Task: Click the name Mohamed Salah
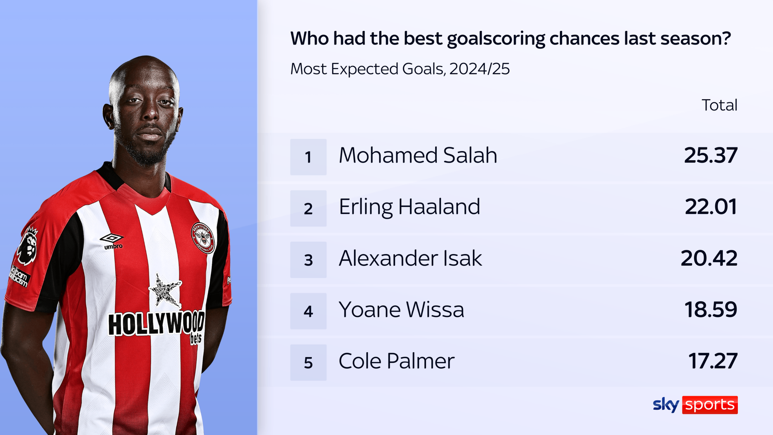click(x=418, y=155)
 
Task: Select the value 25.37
click(x=710, y=155)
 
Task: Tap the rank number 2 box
click(x=308, y=208)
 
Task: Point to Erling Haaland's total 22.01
click(x=710, y=207)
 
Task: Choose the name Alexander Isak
click(x=410, y=258)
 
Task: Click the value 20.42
click(x=709, y=258)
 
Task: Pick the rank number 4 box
click(x=308, y=311)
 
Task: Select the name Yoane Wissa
click(x=401, y=310)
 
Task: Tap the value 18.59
click(x=710, y=310)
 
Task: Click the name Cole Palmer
click(x=396, y=361)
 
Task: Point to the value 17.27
click(x=713, y=361)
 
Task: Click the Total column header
click(x=719, y=105)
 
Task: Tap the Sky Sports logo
click(x=695, y=405)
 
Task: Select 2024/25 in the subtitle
click(x=479, y=69)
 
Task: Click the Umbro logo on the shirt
click(x=112, y=240)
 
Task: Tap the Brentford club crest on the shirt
click(x=203, y=238)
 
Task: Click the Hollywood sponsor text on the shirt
click(x=156, y=323)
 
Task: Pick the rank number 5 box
click(x=308, y=362)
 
